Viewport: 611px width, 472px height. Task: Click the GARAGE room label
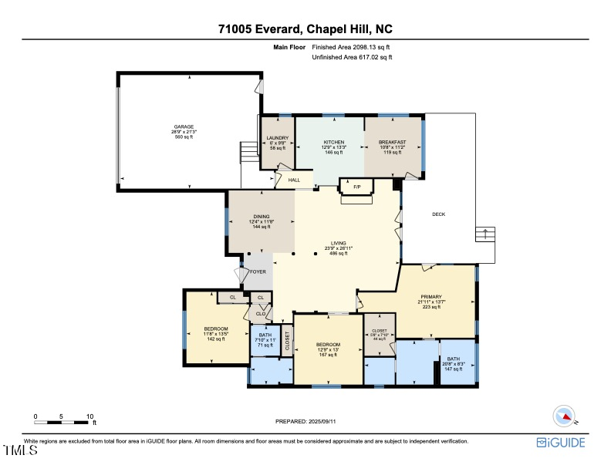pos(184,127)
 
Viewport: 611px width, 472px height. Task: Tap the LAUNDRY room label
pos(277,139)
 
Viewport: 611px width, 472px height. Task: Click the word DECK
pos(438,214)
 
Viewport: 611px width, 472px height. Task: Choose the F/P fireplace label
pos(356,187)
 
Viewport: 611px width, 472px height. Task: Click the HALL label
pos(294,180)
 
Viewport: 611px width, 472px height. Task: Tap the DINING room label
pos(262,217)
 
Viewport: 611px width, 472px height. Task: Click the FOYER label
pos(257,272)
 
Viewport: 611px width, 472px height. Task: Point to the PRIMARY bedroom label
pos(430,297)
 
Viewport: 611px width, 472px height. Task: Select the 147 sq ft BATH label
pos(453,360)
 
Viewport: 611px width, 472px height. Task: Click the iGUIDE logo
pos(561,442)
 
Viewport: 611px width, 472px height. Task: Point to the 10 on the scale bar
pos(90,416)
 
